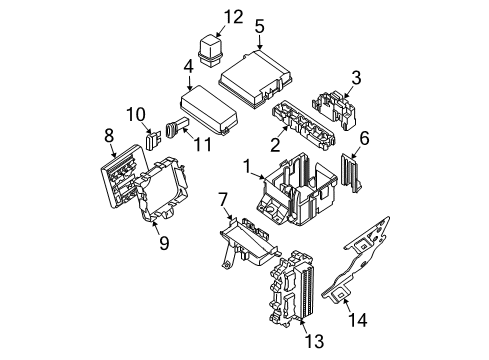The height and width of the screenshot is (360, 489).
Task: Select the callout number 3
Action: click(355, 77)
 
